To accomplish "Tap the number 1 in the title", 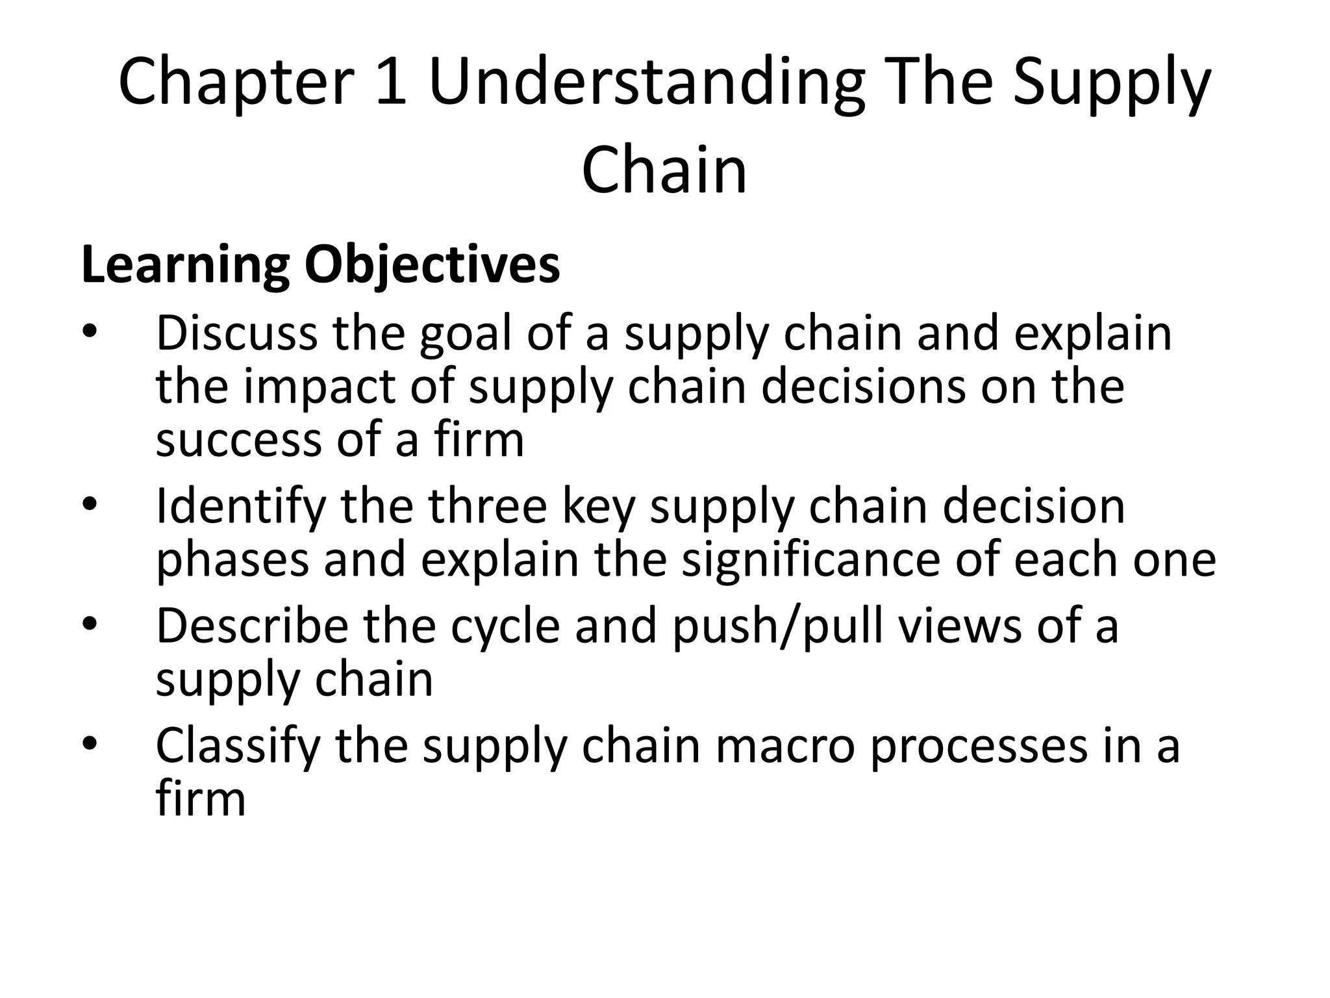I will (391, 82).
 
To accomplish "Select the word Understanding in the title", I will (646, 82).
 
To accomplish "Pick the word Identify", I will (240, 507).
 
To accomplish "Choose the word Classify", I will (238, 746).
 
